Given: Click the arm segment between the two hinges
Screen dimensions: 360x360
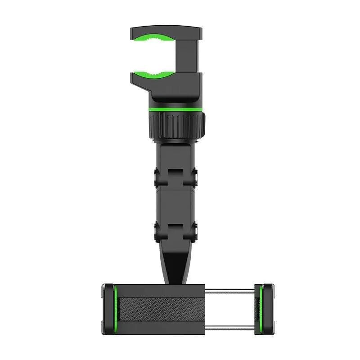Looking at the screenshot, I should [x=176, y=202].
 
